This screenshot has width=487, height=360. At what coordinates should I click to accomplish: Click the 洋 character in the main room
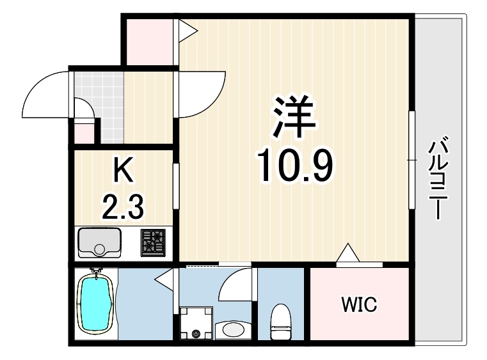pos(294,116)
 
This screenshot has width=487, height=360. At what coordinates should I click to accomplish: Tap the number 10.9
pos(294,166)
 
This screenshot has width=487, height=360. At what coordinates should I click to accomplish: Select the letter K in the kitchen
pos(124,169)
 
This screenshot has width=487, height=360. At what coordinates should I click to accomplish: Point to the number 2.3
pos(123,207)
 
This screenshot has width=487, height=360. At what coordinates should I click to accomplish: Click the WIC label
pos(359,304)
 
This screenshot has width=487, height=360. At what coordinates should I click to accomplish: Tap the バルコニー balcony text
pos(438,178)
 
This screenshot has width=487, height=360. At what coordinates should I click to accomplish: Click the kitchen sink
pos(99,243)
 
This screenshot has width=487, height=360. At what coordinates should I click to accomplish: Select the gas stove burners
pos(153,243)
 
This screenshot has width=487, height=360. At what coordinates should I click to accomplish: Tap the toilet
pos(280,322)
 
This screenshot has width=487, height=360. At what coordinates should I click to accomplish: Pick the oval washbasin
pos(234,329)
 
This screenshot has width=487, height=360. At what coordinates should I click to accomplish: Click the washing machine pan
pos(196,323)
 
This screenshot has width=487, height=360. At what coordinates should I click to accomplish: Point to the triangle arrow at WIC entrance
pos(348,253)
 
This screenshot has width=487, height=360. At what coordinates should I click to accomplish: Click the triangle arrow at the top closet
pos(188,31)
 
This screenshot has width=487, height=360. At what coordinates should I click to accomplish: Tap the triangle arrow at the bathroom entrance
pos(164,279)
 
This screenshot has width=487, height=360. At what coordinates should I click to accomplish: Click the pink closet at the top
pos(150,42)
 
